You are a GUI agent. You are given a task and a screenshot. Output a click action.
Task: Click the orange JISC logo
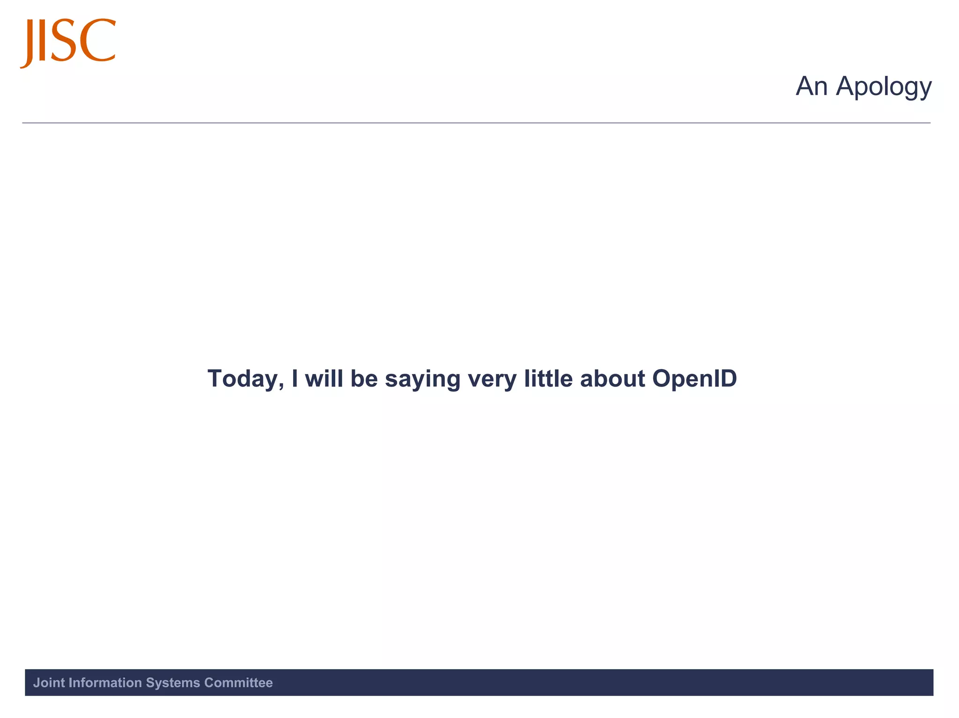(68, 42)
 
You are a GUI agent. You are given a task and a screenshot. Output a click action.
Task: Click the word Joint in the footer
(49, 683)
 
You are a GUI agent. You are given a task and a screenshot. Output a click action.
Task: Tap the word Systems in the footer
(173, 683)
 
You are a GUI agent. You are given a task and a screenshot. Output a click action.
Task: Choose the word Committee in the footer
(238, 683)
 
